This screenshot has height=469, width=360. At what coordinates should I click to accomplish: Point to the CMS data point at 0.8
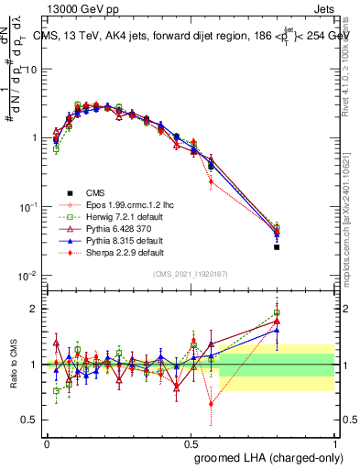click(x=277, y=247)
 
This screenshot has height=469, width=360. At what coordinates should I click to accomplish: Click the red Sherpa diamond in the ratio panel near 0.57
click(x=212, y=403)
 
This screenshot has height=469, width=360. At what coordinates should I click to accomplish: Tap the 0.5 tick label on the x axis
click(x=191, y=442)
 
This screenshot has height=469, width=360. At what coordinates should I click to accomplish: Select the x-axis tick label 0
click(x=47, y=442)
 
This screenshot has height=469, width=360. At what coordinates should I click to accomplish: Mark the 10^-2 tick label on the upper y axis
click(x=28, y=277)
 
